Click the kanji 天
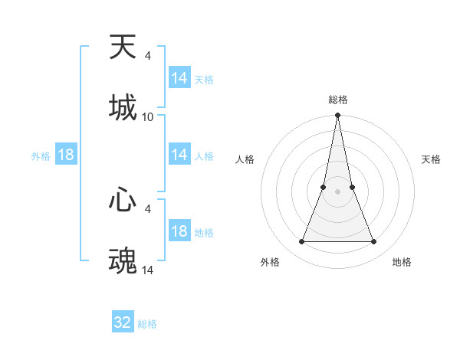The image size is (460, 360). pos(123,47)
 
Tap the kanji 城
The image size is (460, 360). pos(123,107)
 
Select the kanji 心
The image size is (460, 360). pos(123,201)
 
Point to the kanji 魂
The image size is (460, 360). pos(123,260)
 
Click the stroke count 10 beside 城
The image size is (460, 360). pos(148,117)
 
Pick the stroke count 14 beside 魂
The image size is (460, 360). pos(148,270)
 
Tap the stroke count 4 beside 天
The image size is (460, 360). pos(147,56)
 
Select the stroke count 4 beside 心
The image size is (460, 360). pos(147,208)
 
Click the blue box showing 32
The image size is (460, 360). pos(123,322)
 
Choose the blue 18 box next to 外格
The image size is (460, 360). pos(66,155)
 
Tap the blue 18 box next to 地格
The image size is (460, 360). pos(179,231)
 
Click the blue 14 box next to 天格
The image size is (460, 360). pos(179,78)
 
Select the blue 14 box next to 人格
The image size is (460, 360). pos(179,155)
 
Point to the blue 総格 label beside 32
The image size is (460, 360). pos(147,324)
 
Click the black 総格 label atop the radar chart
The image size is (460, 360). pos(337,100)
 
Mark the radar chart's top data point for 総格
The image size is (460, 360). pos(337,116)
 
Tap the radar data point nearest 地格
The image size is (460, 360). pos(373,242)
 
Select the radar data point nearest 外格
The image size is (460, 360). pos(301,242)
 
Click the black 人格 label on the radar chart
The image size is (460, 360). pos(245,159)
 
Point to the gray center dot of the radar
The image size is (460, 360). pos(337,192)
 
